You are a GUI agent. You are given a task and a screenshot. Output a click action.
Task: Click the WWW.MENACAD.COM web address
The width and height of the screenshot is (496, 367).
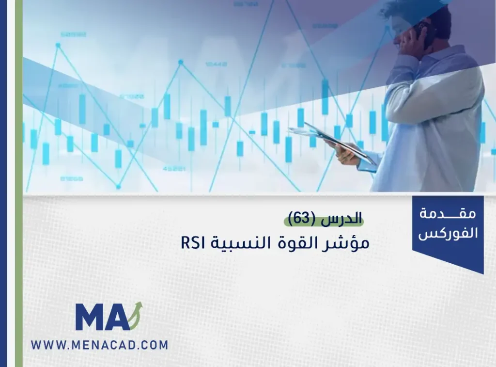click(99, 345)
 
